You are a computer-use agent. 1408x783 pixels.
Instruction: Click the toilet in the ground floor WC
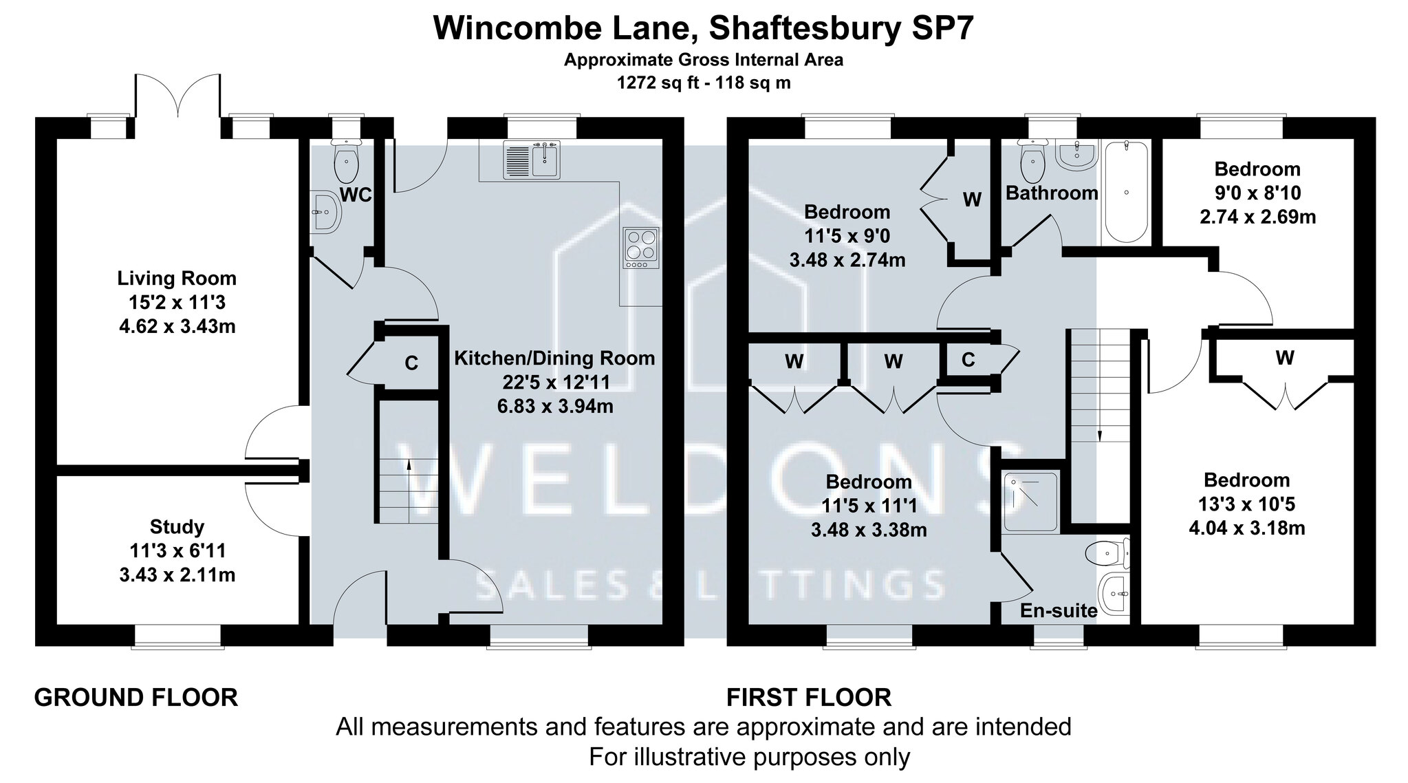[345, 162]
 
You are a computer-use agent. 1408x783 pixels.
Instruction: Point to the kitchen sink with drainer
[532, 159]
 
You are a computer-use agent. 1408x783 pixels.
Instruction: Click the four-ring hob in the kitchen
[641, 248]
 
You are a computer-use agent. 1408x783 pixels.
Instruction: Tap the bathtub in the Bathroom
[1126, 191]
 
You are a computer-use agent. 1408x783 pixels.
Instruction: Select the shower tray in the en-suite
[1030, 502]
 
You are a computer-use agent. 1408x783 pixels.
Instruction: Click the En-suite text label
[1058, 610]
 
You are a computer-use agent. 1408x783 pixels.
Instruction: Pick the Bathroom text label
[1052, 193]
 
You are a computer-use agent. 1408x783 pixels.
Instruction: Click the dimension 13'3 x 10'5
[1246, 504]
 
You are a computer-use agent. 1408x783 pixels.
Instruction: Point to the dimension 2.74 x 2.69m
[1257, 217]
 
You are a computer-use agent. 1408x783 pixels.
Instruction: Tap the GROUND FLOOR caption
[136, 698]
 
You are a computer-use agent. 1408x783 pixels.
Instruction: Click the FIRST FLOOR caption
[809, 698]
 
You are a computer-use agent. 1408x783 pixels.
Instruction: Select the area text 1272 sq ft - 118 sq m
[704, 83]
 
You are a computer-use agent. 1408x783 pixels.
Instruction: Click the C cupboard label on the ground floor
[411, 363]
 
